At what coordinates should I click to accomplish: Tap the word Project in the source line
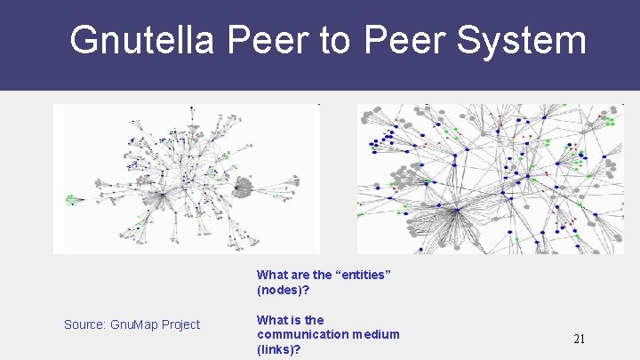(180, 324)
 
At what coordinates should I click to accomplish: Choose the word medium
(375, 334)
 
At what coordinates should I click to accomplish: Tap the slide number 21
(579, 339)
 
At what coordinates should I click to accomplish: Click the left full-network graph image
(186, 179)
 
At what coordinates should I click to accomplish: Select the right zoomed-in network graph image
(491, 179)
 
